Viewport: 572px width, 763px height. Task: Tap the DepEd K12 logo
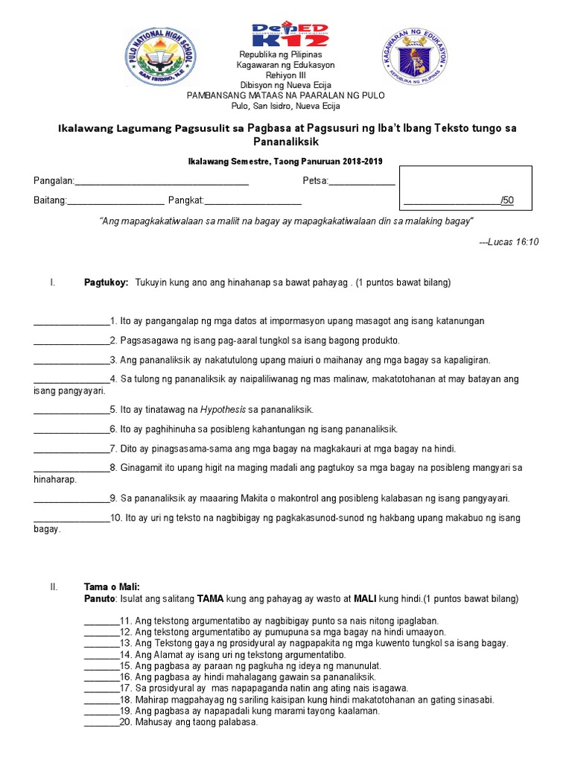[290, 35]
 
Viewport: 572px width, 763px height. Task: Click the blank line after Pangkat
[252, 200]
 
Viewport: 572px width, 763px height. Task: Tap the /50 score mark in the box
[507, 200]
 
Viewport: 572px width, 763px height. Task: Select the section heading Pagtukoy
[106, 283]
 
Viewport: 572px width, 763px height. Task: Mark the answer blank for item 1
[71, 321]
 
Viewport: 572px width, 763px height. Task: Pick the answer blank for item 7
[71, 449]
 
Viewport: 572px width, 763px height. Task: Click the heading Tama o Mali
[112, 587]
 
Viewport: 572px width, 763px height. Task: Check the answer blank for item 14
[101, 654]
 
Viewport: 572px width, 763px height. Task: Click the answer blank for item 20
[101, 721]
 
